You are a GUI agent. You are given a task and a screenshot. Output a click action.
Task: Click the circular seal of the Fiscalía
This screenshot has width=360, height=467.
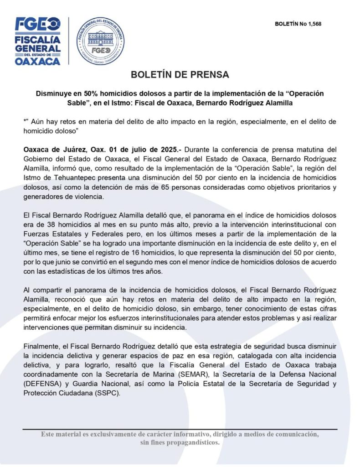pos(100,41)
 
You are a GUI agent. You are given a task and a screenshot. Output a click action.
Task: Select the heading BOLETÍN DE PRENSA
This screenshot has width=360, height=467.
pos(180,74)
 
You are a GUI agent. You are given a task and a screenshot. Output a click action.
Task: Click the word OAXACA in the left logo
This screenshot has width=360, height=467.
pos(38,61)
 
